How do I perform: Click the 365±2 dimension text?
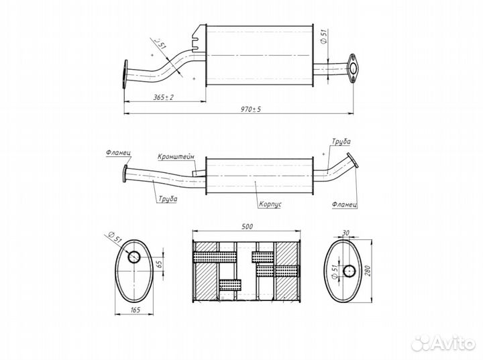point(163,97)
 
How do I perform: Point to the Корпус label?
point(268,203)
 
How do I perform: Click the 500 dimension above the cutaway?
point(244,227)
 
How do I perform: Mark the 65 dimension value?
point(159,264)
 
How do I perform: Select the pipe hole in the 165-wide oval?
point(133,257)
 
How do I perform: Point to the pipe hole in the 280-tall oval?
point(349,271)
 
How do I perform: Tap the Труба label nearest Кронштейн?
point(168,199)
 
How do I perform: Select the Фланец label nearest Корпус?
point(343,202)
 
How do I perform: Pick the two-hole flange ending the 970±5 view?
point(353,68)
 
